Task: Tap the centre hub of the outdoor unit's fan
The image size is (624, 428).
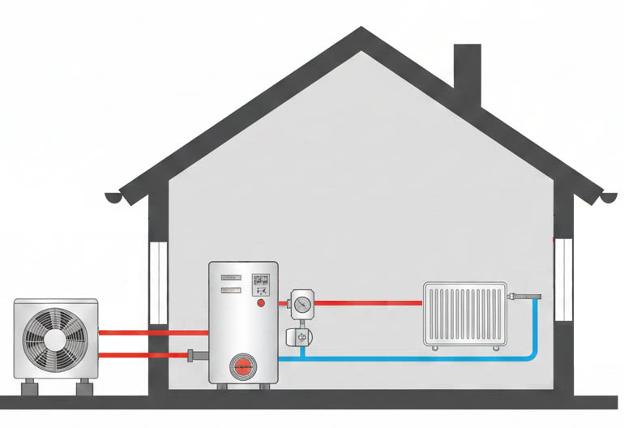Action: tap(54, 340)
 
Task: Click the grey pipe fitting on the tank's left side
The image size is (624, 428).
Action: tap(193, 355)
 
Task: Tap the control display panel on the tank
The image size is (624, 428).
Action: tap(261, 281)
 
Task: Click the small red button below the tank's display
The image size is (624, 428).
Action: tap(261, 303)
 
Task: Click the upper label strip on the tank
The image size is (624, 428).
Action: tap(232, 277)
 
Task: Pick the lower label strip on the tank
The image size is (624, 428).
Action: tap(232, 289)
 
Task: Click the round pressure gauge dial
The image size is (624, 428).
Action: tap(302, 304)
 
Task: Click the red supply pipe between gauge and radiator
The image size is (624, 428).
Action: tap(369, 303)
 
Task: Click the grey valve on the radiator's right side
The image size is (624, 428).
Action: tap(519, 297)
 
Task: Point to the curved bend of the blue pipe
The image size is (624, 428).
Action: tap(531, 352)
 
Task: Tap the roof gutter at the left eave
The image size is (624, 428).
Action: tap(118, 197)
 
